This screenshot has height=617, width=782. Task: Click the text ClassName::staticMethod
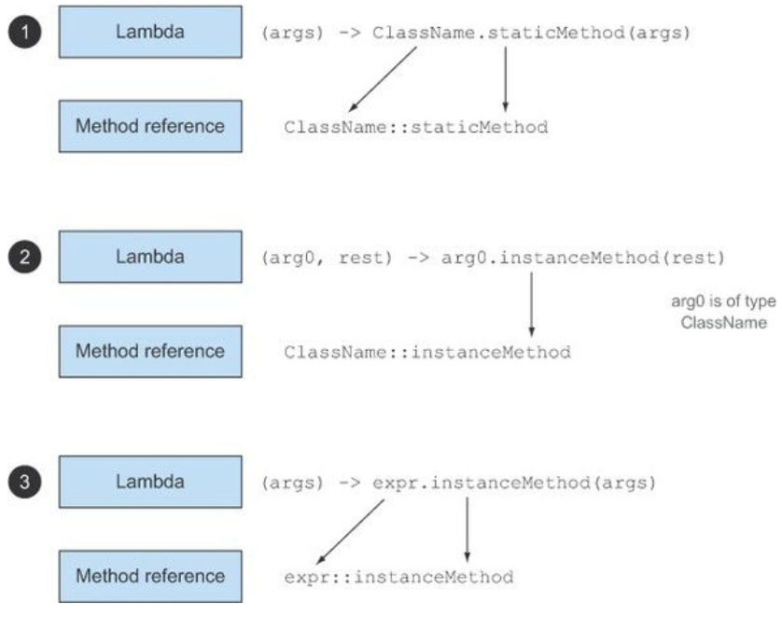[415, 126]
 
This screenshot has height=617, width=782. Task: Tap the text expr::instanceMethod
[398, 577]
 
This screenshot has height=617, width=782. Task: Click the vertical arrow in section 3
[466, 527]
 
